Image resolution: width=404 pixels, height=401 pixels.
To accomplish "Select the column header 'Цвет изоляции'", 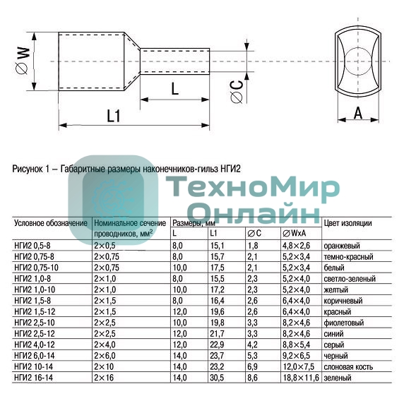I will coord(348,223).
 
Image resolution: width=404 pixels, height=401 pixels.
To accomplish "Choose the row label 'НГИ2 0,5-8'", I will coord(32,245).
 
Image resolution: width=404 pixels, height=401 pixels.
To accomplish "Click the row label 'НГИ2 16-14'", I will coord(33,378).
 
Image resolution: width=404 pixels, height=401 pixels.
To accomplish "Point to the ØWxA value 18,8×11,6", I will coord(301,378).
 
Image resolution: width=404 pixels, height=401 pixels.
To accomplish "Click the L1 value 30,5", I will coord(217,378).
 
